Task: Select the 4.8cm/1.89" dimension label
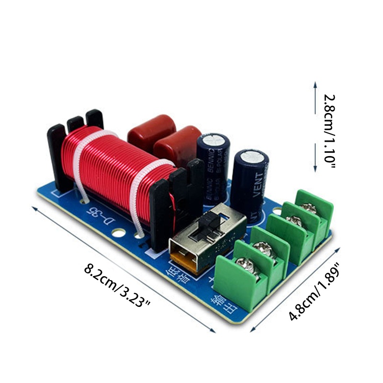(314, 292)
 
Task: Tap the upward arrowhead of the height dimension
(315, 84)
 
